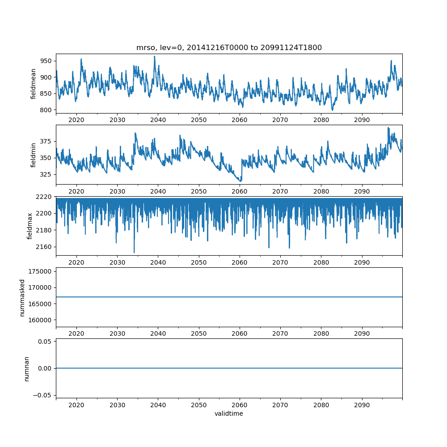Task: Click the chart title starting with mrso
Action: (x=229, y=48)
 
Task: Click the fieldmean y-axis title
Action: (x=34, y=84)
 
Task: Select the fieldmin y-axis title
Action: (x=34, y=155)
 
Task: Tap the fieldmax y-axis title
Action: (x=30, y=226)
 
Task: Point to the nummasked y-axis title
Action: (x=22, y=298)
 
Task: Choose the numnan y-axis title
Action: (x=26, y=368)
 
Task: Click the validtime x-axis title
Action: (x=229, y=414)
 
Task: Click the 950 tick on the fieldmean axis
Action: (x=46, y=61)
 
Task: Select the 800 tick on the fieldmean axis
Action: (x=46, y=110)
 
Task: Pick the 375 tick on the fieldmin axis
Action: (x=46, y=142)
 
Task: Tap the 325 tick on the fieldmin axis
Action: (x=46, y=174)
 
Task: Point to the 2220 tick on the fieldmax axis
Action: (x=45, y=197)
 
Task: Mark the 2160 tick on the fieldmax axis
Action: (x=45, y=247)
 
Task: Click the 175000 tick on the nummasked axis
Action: (x=41, y=271)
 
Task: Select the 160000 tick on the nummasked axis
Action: (x=41, y=320)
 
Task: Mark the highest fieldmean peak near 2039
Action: (x=154, y=57)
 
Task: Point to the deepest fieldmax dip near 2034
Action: (x=134, y=253)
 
